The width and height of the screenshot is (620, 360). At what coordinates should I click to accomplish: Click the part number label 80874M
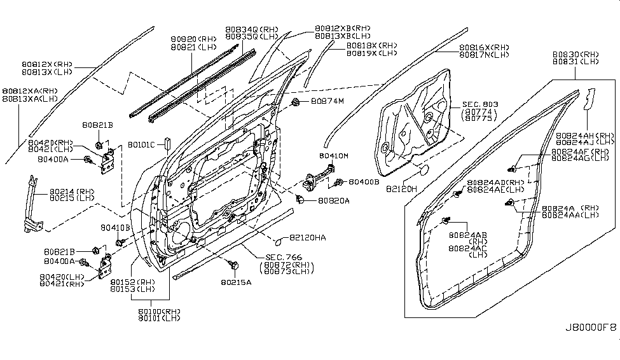[327, 101]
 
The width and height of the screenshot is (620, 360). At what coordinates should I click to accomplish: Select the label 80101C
[141, 144]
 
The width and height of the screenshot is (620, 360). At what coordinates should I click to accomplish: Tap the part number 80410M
[333, 155]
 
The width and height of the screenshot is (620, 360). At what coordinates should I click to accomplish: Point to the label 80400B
[364, 182]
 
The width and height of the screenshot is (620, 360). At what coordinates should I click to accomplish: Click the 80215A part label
[236, 280]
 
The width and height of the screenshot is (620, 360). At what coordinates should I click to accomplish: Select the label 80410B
[115, 227]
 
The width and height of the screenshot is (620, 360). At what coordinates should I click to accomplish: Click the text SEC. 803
[471, 104]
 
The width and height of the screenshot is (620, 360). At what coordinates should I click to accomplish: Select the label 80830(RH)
[576, 54]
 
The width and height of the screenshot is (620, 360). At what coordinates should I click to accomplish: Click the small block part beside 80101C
[167, 142]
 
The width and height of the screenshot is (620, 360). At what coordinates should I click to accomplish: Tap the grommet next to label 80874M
[297, 102]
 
